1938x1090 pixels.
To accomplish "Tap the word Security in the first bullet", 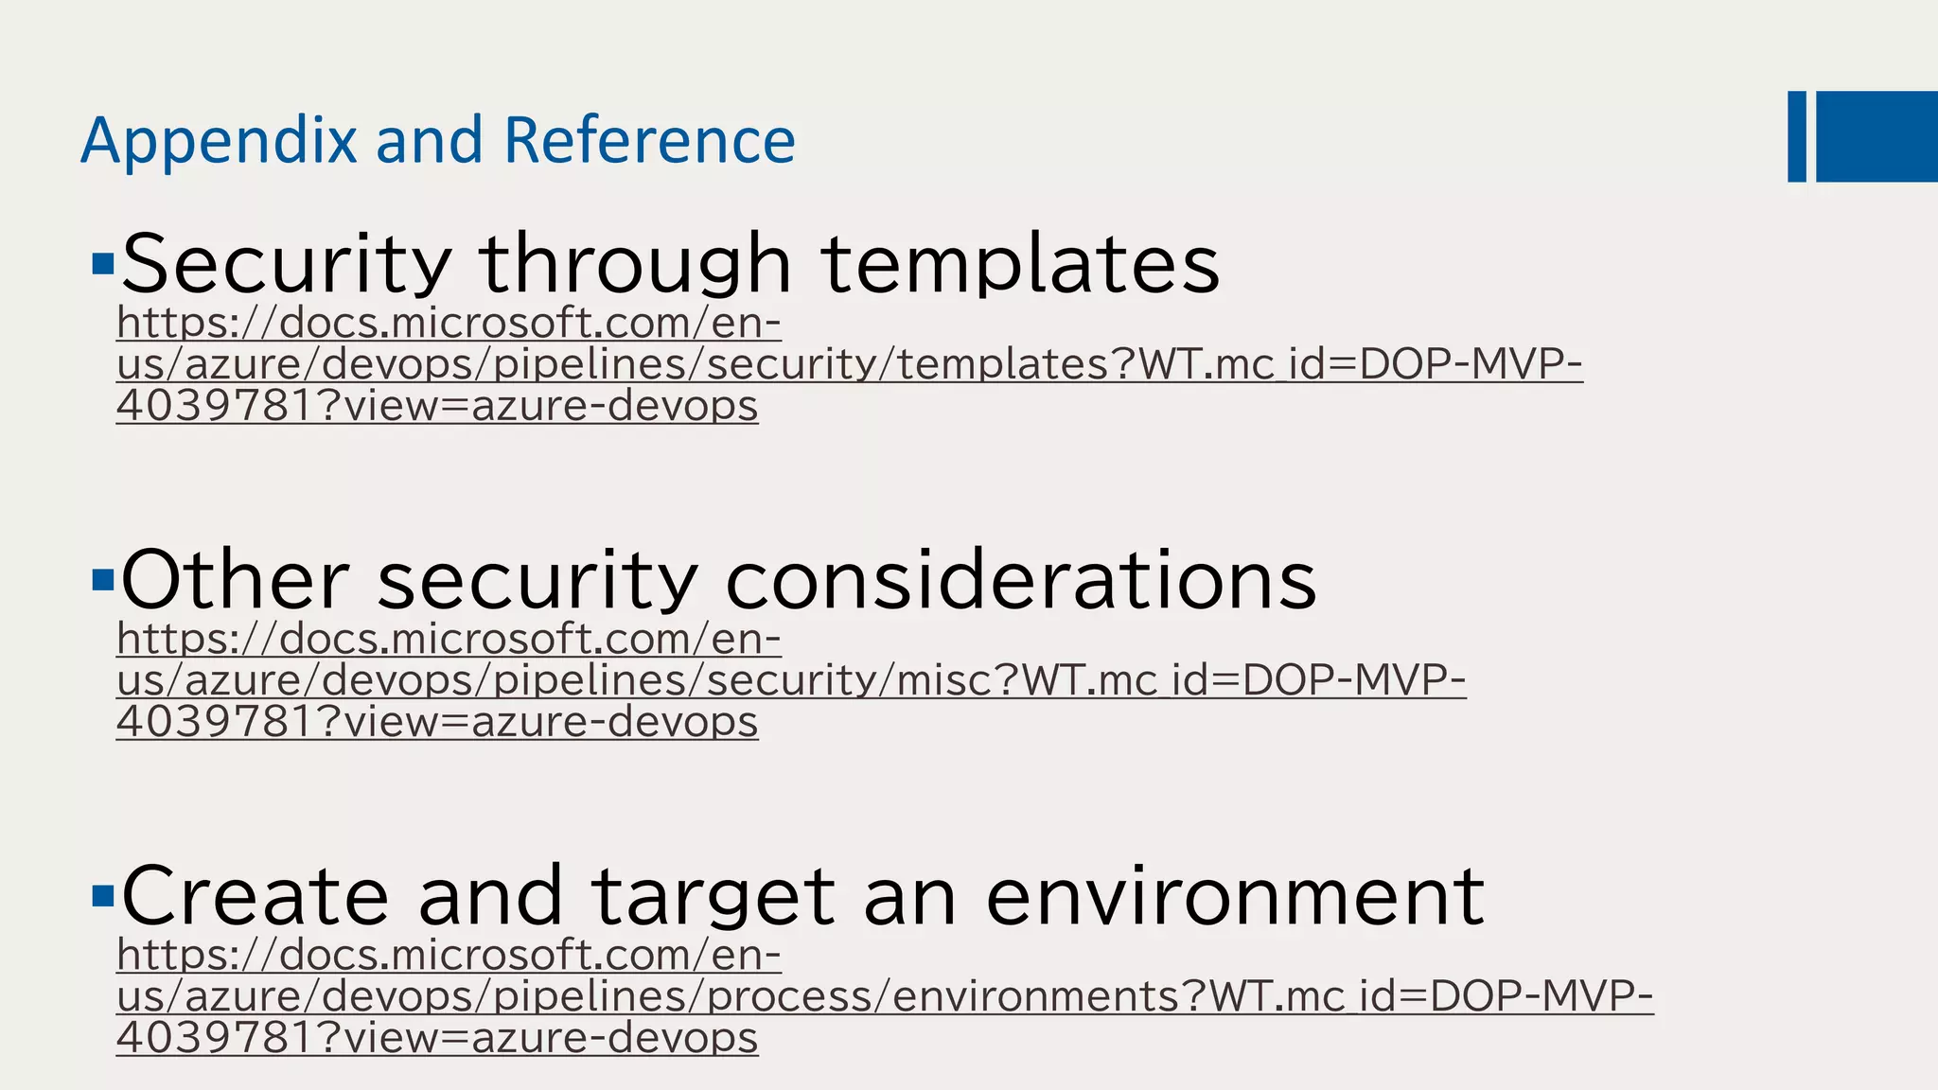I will tap(286, 264).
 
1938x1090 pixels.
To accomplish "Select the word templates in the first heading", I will tap(1019, 264).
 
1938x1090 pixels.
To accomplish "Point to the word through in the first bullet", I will tap(634, 264).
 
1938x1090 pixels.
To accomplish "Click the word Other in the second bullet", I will tap(235, 579).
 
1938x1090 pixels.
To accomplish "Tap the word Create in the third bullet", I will tap(255, 895).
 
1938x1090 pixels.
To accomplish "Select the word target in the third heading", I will tap(713, 897).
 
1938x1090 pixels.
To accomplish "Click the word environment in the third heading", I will tap(1234, 895).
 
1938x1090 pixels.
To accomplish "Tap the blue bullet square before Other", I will tap(103, 579).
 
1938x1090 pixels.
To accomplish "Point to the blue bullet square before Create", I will tap(103, 895).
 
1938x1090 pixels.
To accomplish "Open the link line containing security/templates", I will tap(849, 364).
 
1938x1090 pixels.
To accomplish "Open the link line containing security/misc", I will tap(791, 680).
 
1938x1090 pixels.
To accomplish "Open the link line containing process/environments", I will tap(884, 996).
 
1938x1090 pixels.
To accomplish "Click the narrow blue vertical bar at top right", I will tap(1797, 136).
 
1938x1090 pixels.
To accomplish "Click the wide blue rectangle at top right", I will tap(1876, 136).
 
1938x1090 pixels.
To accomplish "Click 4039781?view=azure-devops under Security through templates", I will tap(437, 406).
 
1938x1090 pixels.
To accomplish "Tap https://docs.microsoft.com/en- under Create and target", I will tap(449, 955).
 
